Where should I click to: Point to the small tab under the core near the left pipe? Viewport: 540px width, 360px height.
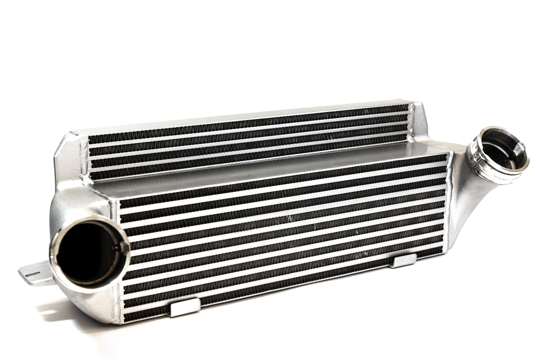(x=185, y=307)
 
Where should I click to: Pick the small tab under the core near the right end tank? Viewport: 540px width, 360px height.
(x=403, y=260)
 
